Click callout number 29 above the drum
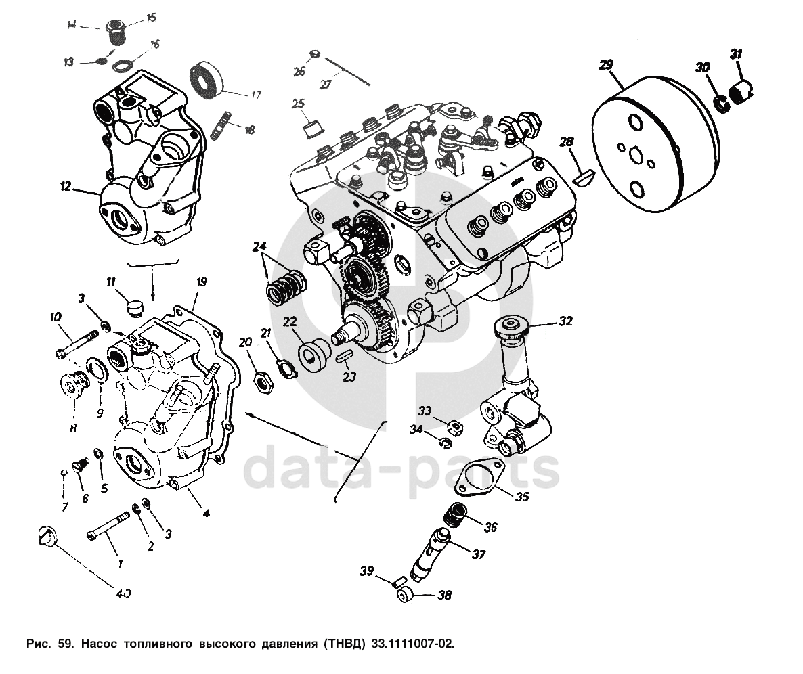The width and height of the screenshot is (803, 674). point(606,65)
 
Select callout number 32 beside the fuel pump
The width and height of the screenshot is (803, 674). point(566,321)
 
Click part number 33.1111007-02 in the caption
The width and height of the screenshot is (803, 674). point(412,642)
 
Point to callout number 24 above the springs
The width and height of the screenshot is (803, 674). point(260,247)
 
